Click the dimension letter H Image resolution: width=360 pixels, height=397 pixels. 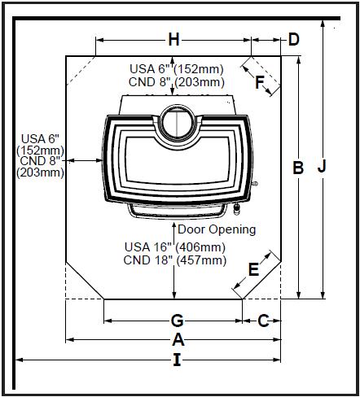coord(173,40)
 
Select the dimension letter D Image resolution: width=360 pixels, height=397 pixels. coord(294,40)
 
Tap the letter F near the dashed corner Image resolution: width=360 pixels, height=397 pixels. coord(260,82)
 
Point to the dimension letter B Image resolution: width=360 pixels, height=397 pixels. coord(298,168)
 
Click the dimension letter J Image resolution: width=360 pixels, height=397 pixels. coord(322,166)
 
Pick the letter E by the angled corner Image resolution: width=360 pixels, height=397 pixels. coord(253,269)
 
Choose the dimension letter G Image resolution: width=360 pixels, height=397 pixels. coord(177,321)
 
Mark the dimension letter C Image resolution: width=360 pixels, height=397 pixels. coord(263,321)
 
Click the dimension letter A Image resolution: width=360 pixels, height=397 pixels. coord(178,339)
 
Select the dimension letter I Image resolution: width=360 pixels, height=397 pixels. coord(177,360)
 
